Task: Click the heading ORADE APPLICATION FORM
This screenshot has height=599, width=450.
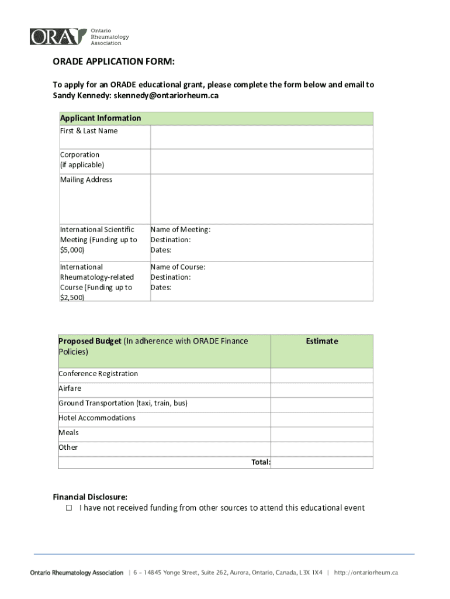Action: click(x=114, y=62)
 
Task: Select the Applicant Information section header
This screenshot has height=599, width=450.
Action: click(x=101, y=118)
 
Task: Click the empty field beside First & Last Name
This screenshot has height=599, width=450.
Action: click(x=261, y=137)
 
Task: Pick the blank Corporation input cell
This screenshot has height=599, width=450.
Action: click(x=261, y=161)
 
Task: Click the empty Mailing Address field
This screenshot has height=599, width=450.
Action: click(x=261, y=199)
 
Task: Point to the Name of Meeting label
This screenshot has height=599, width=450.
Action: click(x=180, y=229)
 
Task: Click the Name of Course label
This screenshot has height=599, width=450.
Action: click(x=178, y=267)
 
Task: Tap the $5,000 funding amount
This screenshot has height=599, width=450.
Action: click(x=72, y=250)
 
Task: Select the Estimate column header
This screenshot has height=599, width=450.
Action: click(x=321, y=341)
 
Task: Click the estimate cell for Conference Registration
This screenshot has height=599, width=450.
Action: click(x=321, y=375)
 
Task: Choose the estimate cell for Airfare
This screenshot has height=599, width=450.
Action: click(x=321, y=390)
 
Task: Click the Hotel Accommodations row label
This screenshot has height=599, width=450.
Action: click(x=97, y=418)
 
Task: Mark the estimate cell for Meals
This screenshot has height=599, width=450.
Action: click(x=321, y=433)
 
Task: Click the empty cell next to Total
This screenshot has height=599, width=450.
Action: click(x=321, y=462)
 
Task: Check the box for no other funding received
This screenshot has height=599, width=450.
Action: click(x=68, y=508)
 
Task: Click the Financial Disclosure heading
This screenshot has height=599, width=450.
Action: click(x=90, y=497)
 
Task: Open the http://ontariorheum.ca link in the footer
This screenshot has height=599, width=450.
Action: click(x=366, y=573)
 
